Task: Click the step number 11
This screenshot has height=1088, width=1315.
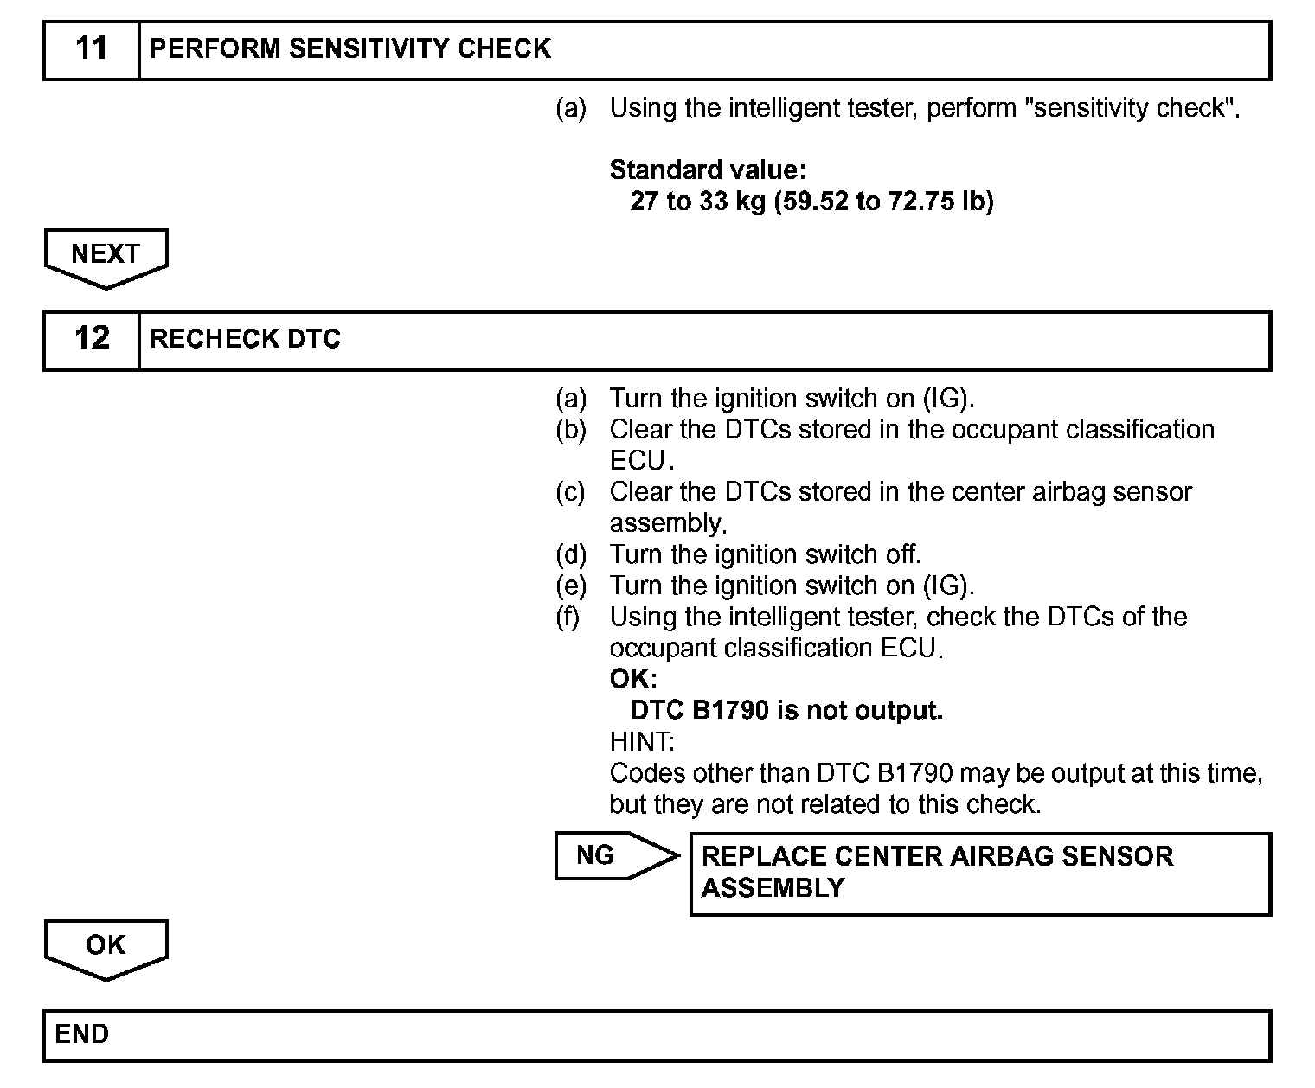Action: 92,48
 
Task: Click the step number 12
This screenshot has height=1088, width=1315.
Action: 92,338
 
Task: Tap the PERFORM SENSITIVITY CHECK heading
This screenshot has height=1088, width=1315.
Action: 350,48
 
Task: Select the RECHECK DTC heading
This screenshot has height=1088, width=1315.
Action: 245,339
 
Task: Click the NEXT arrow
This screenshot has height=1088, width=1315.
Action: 106,257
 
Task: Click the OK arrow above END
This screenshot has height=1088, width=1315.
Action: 106,948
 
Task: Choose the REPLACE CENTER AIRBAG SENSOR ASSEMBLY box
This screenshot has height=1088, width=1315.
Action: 980,873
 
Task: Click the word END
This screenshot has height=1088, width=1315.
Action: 82,1034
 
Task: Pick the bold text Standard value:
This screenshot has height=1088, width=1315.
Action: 708,170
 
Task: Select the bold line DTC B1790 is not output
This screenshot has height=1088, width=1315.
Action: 786,711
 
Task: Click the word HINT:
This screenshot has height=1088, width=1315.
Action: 642,742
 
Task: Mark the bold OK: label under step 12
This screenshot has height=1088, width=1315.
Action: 633,679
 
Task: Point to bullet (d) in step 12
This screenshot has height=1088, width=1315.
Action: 570,554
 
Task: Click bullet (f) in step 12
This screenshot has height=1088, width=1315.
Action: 568,617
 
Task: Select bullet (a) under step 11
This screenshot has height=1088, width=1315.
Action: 570,108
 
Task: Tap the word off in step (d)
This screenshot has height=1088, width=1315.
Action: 902,554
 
